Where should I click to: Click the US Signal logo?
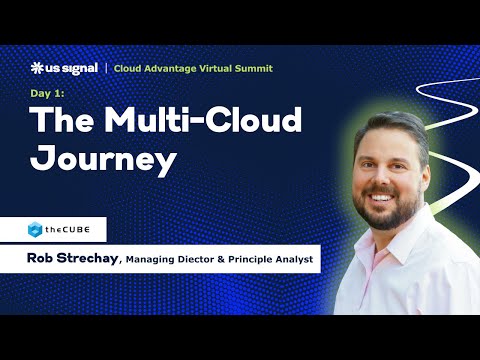(64, 68)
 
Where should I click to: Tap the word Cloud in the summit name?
(129, 68)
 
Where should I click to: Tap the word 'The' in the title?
(62, 121)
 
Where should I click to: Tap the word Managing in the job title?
(153, 261)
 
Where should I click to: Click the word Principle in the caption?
(258, 261)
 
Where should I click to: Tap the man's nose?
(384, 178)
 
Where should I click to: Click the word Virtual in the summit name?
(211, 68)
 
